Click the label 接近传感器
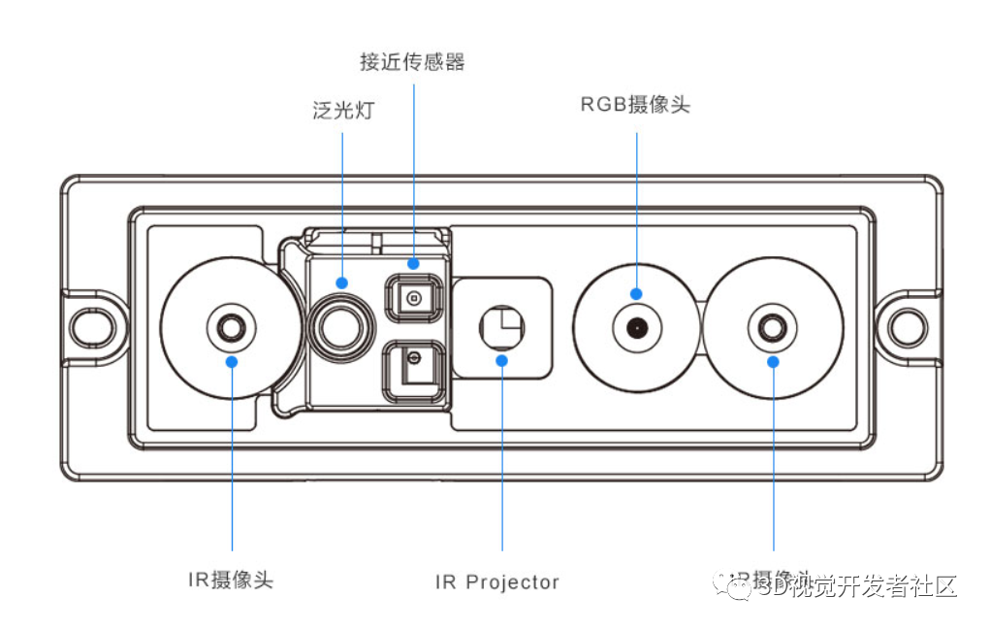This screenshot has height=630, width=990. click(x=412, y=62)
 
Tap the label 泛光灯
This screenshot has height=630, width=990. click(x=342, y=111)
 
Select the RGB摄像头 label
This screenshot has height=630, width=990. click(x=635, y=105)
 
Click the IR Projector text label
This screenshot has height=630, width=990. click(x=496, y=582)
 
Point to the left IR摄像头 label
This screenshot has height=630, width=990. click(x=231, y=580)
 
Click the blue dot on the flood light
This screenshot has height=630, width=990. click(x=342, y=282)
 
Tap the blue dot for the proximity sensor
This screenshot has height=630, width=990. click(x=413, y=262)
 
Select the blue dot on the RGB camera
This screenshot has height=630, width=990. click(x=636, y=293)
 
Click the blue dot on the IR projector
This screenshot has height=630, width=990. click(x=501, y=360)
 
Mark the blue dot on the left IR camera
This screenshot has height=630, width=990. click(x=232, y=361)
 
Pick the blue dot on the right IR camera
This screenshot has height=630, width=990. click(x=773, y=361)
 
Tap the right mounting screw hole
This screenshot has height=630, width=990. click(x=908, y=327)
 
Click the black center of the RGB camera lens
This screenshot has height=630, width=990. click(x=636, y=327)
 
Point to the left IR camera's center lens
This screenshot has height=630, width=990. click(x=231, y=327)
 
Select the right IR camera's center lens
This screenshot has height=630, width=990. click(x=773, y=327)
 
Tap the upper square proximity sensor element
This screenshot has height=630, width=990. click(x=414, y=298)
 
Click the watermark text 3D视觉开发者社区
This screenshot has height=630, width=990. click(x=853, y=586)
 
